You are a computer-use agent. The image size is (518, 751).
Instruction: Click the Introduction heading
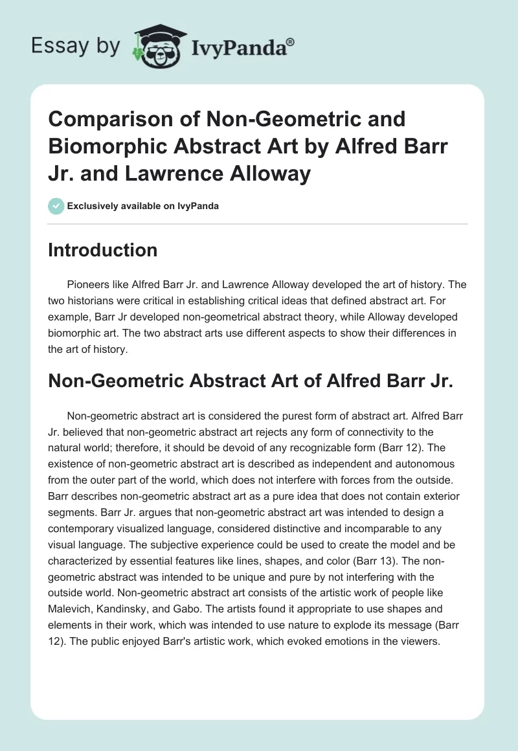[102, 250]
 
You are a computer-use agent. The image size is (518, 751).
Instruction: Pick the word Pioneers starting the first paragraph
[88, 284]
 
